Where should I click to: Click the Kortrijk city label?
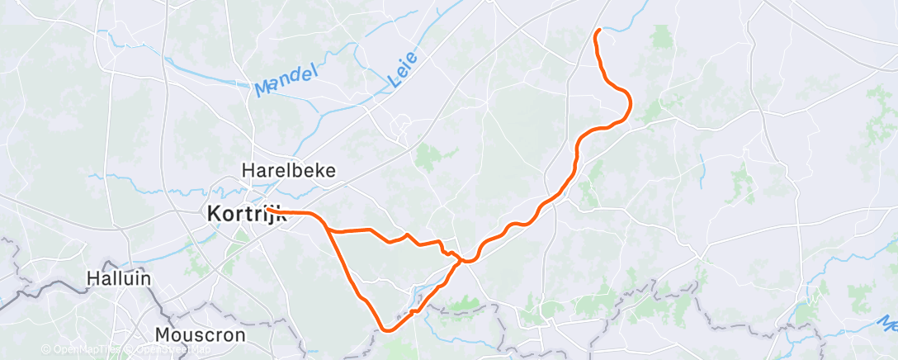click(244, 213)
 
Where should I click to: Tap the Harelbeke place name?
click(288, 170)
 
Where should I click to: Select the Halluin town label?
click(120, 278)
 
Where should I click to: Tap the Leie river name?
click(402, 69)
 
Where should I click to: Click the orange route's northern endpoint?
click(598, 31)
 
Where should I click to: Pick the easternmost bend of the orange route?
click(631, 102)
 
